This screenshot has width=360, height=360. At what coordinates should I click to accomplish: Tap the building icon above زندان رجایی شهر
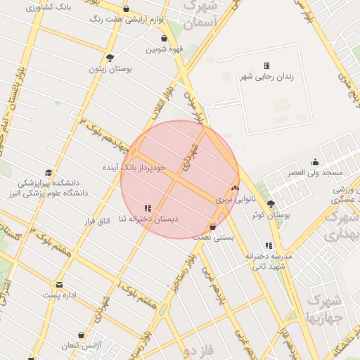point(266,65)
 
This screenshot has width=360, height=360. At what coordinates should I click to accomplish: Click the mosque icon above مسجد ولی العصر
point(315,162)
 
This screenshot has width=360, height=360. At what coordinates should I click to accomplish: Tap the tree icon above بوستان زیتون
point(110,58)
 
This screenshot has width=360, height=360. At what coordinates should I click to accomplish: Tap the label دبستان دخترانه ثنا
point(148,219)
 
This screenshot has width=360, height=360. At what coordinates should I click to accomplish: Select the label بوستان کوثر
point(271,214)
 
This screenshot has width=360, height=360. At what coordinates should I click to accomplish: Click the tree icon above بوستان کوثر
point(271,204)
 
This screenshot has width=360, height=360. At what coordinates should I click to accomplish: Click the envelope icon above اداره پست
point(59,285)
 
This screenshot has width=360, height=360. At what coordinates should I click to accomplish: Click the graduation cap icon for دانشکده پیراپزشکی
point(48,173)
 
